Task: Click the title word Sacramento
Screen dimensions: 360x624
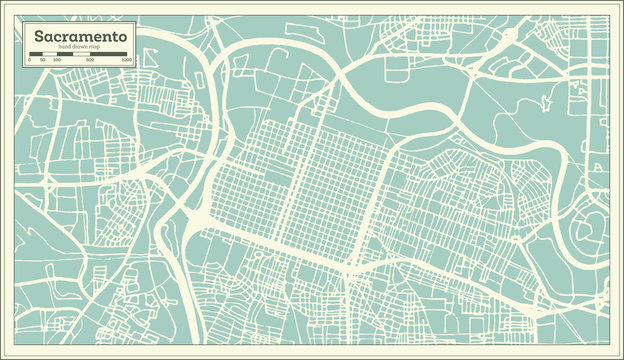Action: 80,36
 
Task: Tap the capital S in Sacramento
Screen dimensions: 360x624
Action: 39,36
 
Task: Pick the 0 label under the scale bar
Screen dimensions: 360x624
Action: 29,61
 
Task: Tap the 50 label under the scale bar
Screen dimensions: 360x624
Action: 43,61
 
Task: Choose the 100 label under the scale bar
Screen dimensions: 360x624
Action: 56,61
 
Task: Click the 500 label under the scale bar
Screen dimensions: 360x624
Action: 91,61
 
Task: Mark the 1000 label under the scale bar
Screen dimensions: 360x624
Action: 126,61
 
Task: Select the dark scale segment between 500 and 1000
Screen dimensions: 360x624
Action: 109,55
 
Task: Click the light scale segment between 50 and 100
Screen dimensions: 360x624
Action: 50,55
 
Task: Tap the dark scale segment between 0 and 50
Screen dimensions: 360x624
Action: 36,55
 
